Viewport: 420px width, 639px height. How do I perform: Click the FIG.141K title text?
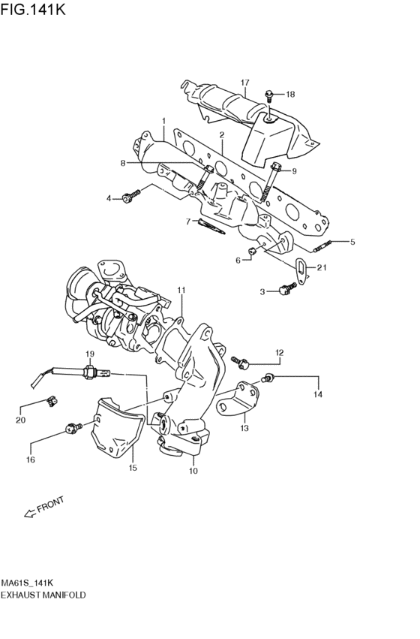click(32, 8)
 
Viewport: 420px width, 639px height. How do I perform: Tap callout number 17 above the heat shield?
click(244, 83)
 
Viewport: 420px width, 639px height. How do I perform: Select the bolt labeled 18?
click(268, 95)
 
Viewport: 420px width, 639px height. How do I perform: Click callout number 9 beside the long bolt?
click(293, 170)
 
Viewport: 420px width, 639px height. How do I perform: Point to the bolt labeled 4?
click(131, 197)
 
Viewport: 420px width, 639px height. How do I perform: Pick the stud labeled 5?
click(322, 246)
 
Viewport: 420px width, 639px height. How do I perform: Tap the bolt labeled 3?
click(287, 288)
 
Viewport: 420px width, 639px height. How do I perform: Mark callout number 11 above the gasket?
click(181, 290)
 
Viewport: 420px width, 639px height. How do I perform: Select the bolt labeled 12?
click(240, 362)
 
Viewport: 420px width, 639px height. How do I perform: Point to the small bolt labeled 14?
click(268, 378)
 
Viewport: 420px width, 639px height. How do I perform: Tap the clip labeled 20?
click(52, 402)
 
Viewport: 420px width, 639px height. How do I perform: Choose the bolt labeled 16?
click(73, 428)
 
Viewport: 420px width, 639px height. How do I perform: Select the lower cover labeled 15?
click(118, 427)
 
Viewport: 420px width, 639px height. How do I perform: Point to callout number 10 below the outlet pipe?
click(193, 471)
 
